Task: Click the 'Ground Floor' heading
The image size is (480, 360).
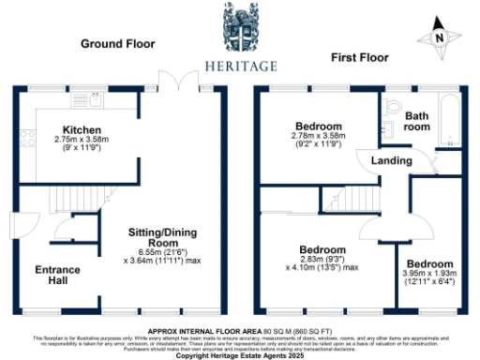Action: [117, 44]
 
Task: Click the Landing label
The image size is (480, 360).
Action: [391, 161]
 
